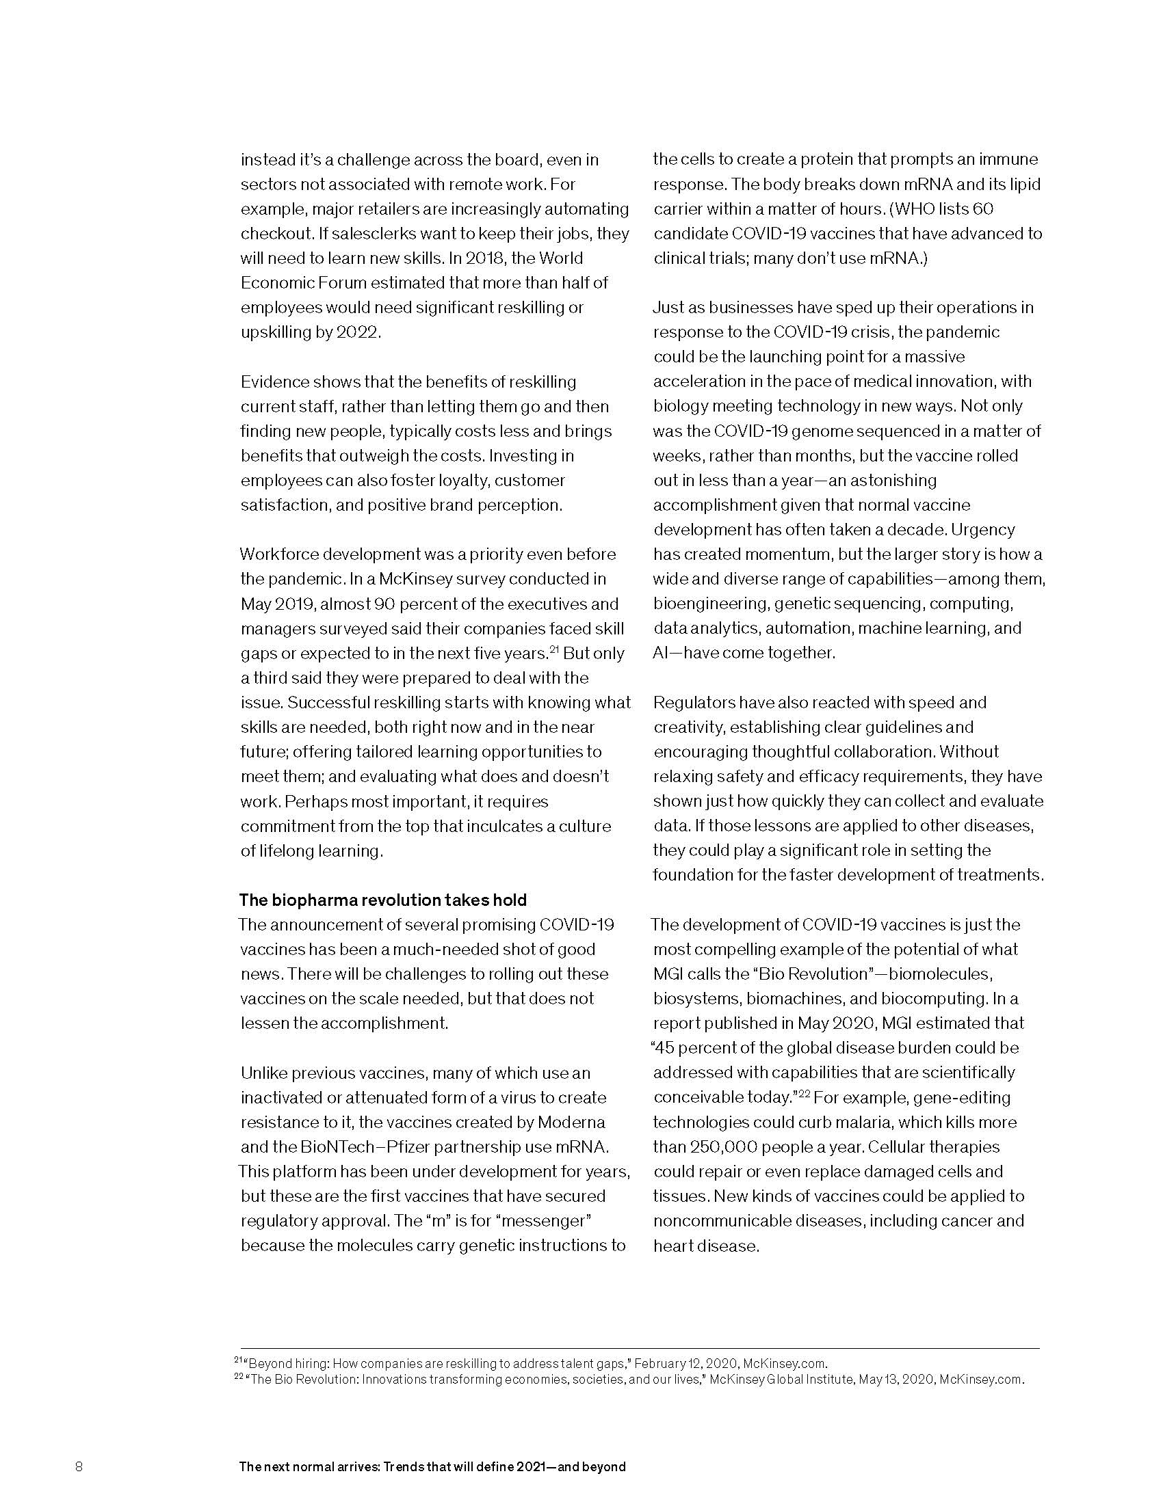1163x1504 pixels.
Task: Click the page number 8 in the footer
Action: pyautogui.click(x=79, y=1466)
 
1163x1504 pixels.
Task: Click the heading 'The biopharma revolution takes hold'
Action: pyautogui.click(x=382, y=900)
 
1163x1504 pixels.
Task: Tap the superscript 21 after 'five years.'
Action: pyautogui.click(x=553, y=649)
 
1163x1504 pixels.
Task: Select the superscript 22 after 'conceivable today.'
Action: pyautogui.click(x=803, y=1093)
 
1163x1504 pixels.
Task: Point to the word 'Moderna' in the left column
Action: pyautogui.click(x=571, y=1123)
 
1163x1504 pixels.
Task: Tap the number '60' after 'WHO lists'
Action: pyautogui.click(x=983, y=209)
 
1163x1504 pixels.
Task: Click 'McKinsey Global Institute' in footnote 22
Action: pyautogui.click(x=781, y=1380)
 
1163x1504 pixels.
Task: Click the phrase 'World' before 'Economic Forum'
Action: pyautogui.click(x=561, y=258)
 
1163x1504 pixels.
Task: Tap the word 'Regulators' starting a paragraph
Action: pyautogui.click(x=694, y=702)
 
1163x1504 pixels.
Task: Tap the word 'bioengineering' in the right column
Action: pyautogui.click(x=710, y=604)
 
